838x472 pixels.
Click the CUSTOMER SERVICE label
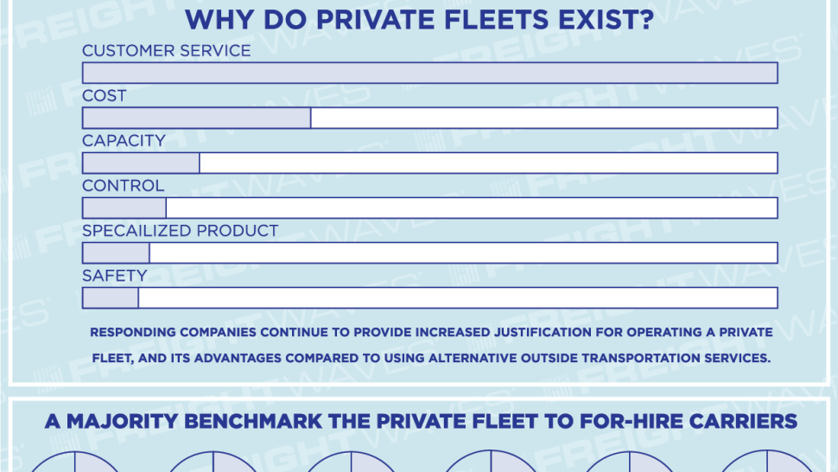166,51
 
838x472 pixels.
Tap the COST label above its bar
105,96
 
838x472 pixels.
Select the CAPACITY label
124,141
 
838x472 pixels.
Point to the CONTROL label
123,186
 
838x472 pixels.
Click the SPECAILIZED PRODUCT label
180,231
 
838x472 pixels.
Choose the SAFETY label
114,275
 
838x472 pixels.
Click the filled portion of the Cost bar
197,118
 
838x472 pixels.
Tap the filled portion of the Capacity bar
141,163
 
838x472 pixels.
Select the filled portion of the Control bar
124,207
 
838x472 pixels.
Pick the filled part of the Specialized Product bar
116,252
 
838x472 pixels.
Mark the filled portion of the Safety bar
110,297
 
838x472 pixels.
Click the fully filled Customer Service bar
430,73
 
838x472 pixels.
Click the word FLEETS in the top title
497,20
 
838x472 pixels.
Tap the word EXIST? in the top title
606,20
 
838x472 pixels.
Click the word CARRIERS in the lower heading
743,421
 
